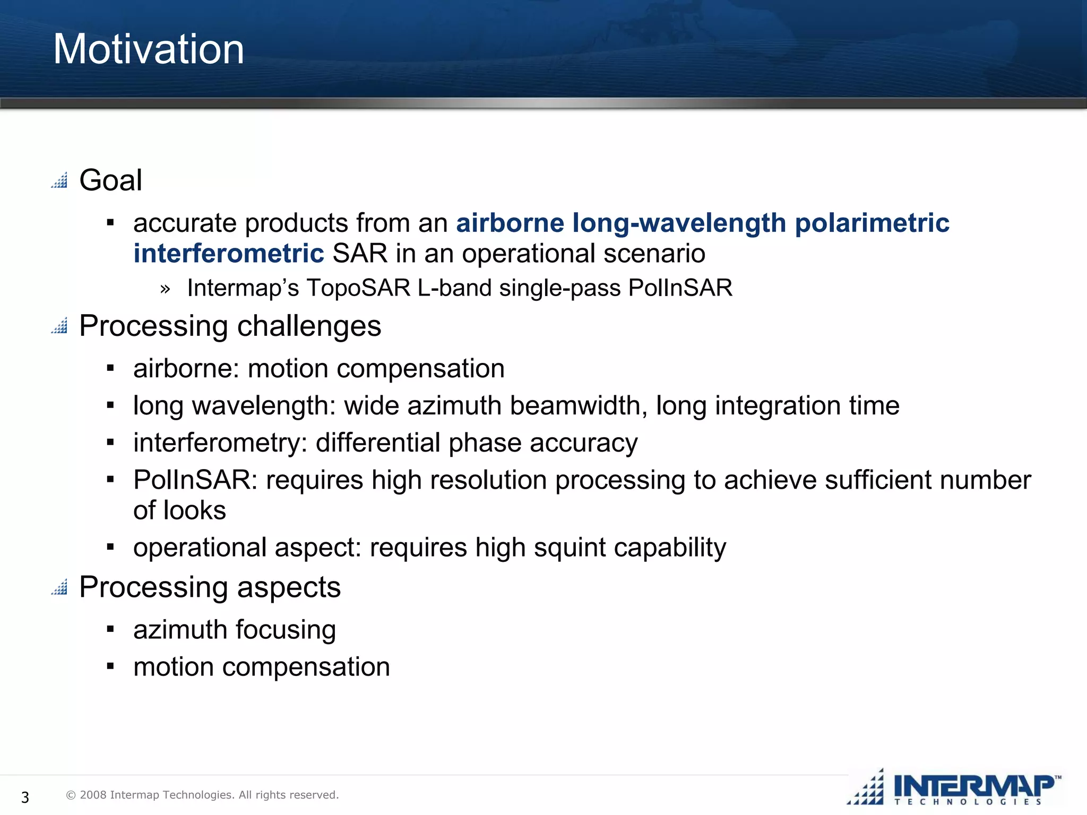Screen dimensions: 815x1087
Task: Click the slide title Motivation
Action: tap(149, 49)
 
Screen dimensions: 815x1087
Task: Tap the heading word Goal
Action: tap(110, 180)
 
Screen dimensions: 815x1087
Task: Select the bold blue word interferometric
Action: tap(228, 254)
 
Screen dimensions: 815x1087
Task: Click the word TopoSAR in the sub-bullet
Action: tap(358, 288)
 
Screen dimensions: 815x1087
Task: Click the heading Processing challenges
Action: tap(230, 326)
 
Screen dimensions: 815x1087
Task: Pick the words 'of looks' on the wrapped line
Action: tap(179, 510)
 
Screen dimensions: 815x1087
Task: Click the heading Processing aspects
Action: tap(210, 587)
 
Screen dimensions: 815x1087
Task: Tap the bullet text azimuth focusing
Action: tap(235, 630)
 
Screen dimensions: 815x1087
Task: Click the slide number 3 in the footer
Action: tap(25, 797)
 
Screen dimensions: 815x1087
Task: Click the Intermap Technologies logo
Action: tap(955, 788)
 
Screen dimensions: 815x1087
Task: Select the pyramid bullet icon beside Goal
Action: tap(59, 180)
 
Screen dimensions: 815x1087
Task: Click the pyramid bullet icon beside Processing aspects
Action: tap(59, 587)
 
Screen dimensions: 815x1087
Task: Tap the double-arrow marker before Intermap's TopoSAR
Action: tap(165, 289)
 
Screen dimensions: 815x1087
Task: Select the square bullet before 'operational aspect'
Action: tap(110, 547)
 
